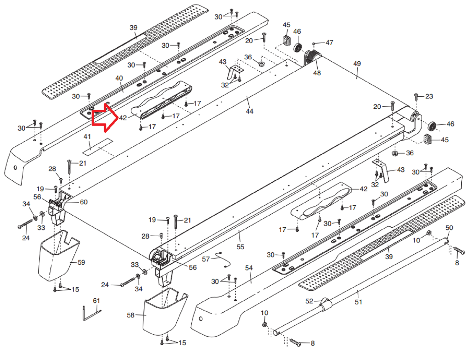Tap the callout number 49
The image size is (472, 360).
pos(357,63)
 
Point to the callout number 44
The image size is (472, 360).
pos(250,112)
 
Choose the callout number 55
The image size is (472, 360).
pos(240,247)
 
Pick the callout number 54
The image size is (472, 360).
pos(249,268)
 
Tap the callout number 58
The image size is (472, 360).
pos(131,315)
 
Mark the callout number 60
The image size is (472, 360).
pos(84,202)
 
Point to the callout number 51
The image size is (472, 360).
pos(359,302)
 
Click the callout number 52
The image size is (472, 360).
pos(309,301)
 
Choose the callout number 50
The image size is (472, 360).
pos(449,228)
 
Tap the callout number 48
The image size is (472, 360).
pos(317,73)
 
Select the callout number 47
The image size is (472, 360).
pos(330,43)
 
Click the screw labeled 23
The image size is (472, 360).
pos(416,96)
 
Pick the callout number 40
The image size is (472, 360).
pos(119,78)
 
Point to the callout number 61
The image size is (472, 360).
pos(96,300)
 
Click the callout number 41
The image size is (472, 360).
pos(87,136)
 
